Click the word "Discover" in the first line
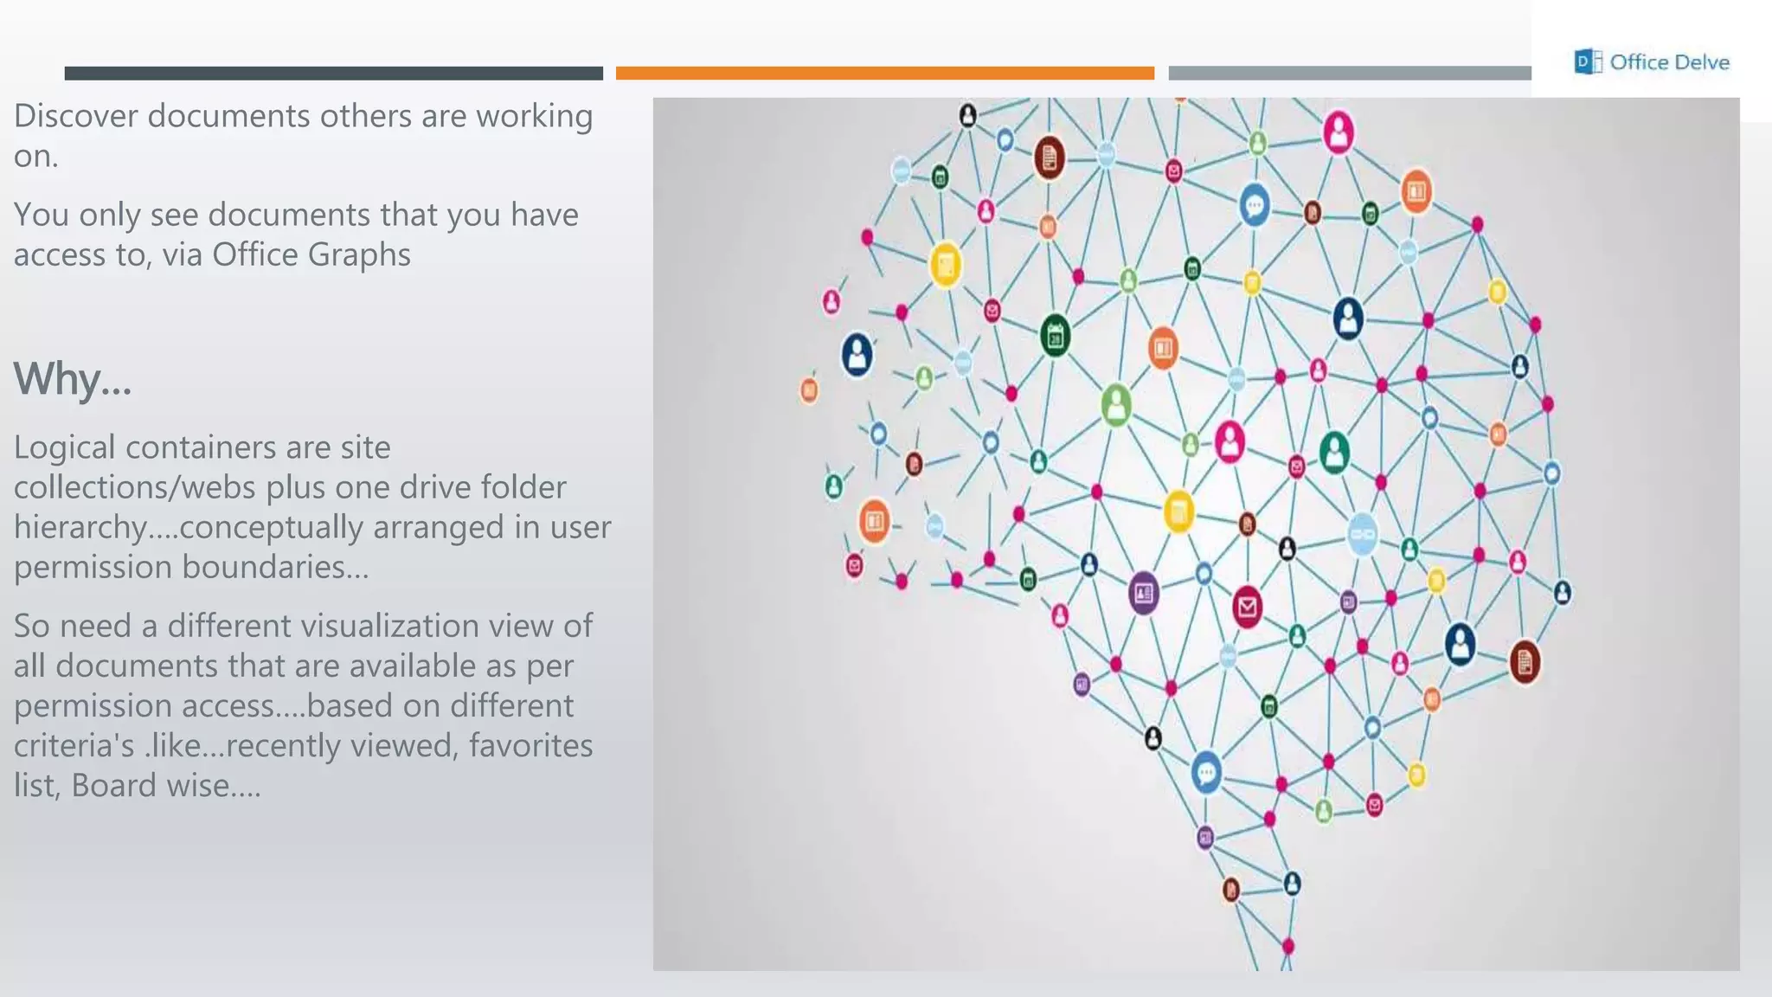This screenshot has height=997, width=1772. [x=75, y=116]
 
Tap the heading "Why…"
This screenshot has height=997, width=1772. [x=73, y=379]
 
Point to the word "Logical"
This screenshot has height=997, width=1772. [x=64, y=447]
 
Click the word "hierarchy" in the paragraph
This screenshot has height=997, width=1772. [x=80, y=528]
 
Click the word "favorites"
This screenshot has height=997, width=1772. [x=530, y=745]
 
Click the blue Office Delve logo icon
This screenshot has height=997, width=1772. [x=1587, y=62]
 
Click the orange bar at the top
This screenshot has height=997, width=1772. [x=884, y=74]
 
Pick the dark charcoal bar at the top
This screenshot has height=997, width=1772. [x=333, y=74]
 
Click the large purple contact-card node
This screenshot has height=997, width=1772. [x=1143, y=594]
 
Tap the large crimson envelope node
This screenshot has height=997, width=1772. [x=1247, y=607]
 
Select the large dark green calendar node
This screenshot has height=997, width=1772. [x=1055, y=337]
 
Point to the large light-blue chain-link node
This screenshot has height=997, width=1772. [x=1363, y=534]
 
